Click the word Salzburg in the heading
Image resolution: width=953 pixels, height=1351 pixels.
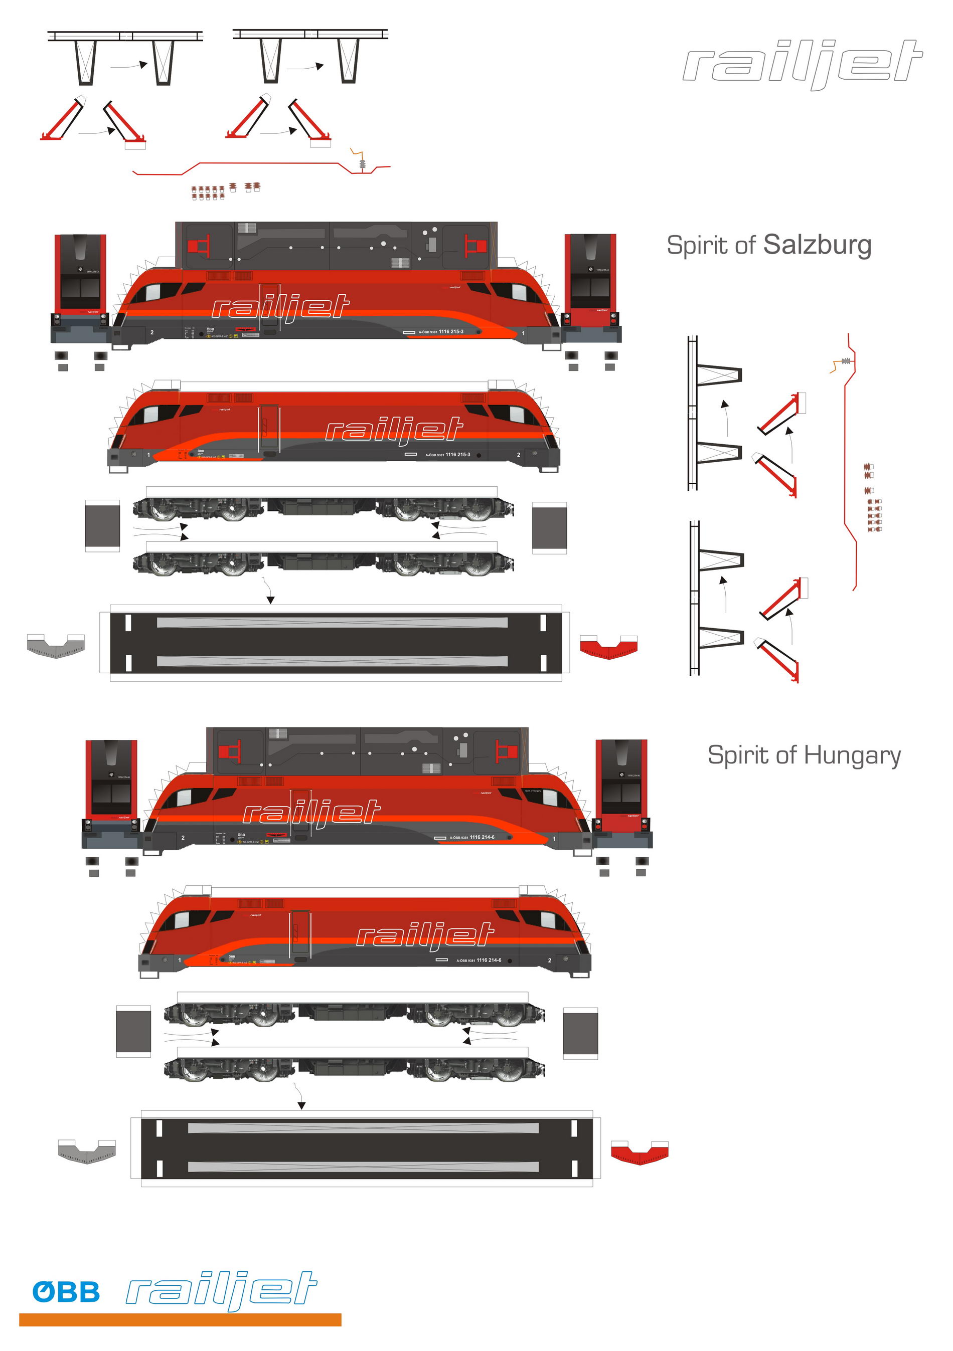coord(817,245)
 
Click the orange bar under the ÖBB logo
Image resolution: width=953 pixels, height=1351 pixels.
coord(180,1320)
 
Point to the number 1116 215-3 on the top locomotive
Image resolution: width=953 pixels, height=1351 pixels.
coord(451,332)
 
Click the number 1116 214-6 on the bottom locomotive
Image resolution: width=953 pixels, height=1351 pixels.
coord(482,837)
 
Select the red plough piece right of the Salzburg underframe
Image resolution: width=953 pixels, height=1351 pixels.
coord(608,646)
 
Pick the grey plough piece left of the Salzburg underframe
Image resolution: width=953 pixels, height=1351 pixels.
coord(56,646)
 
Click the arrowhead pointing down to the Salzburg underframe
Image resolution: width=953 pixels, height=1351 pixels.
coord(270,600)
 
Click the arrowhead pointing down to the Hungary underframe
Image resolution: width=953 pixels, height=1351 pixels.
coord(301,1106)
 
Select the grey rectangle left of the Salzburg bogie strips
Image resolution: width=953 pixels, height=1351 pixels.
coord(102,525)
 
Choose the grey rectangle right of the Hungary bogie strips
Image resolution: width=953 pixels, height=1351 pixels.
coord(580,1033)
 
